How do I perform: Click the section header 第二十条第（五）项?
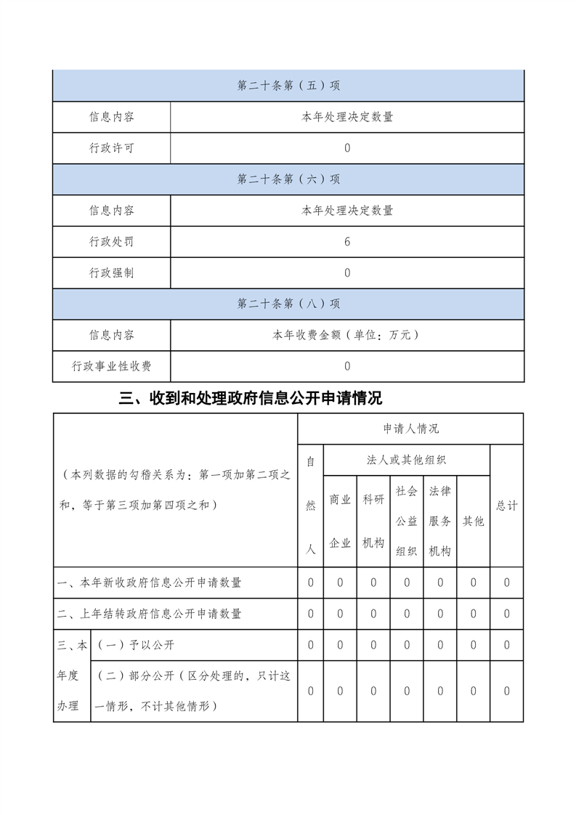(288, 86)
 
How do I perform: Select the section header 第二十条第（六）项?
(288, 179)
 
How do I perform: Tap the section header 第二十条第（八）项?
(288, 304)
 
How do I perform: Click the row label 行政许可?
(111, 148)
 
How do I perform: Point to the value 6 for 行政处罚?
(347, 242)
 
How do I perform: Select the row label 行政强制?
(111, 273)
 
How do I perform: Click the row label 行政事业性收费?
(111, 366)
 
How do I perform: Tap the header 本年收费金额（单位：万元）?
(347, 335)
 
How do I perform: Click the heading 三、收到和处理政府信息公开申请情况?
(251, 398)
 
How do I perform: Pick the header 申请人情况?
(410, 429)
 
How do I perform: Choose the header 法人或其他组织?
(407, 460)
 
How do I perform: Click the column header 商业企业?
(340, 521)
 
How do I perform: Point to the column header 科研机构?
(373, 521)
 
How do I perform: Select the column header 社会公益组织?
(407, 521)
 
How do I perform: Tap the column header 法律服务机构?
(440, 521)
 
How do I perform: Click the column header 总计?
(506, 506)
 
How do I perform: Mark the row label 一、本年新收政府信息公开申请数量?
(150, 583)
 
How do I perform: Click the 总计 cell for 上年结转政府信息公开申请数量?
(506, 614)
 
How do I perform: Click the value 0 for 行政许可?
(347, 148)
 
